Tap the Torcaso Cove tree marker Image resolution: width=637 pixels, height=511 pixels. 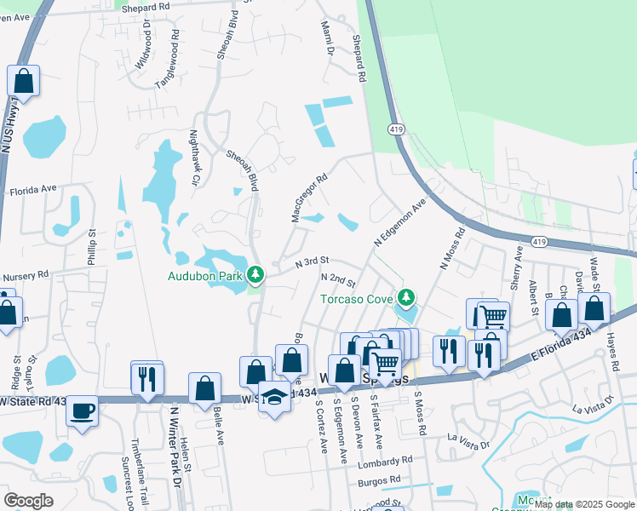click(407, 298)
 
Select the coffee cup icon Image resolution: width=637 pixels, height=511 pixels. click(82, 411)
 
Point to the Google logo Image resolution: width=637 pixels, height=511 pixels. click(28, 501)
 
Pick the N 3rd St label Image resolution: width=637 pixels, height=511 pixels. click(312, 264)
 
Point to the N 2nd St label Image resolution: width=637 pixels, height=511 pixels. click(337, 279)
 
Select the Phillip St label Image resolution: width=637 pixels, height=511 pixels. click(91, 246)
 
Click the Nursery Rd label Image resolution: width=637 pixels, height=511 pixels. click(25, 277)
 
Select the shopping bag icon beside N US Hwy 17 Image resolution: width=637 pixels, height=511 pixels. click(24, 83)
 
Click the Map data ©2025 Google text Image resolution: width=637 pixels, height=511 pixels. click(584, 504)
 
